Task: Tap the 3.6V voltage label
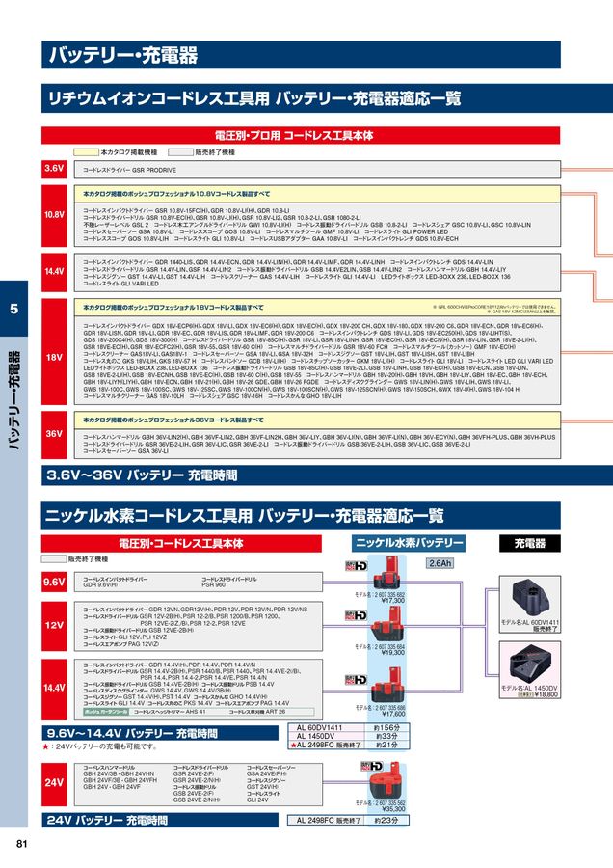pyautogui.click(x=54, y=168)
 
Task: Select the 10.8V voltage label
pyautogui.click(x=54, y=213)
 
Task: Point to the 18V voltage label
pyautogui.click(x=54, y=356)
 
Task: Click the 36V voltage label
pyautogui.click(x=54, y=435)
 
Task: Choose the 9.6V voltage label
pyautogui.click(x=54, y=583)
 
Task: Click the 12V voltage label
pyautogui.click(x=54, y=625)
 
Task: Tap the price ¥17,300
pyautogui.click(x=392, y=601)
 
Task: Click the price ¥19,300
pyautogui.click(x=392, y=653)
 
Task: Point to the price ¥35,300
pyautogui.click(x=392, y=809)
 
